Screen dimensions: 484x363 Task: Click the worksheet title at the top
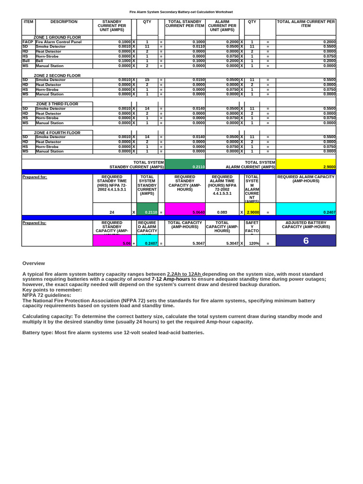(x=181, y=12)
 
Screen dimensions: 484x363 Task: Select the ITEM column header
(x=28, y=22)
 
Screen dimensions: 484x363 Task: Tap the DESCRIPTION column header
(x=64, y=22)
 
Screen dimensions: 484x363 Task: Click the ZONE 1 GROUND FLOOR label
(x=57, y=37)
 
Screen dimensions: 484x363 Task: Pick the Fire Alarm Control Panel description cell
(x=59, y=42)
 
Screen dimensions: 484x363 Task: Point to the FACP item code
(x=27, y=42)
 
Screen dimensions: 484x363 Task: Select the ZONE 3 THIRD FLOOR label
(x=57, y=104)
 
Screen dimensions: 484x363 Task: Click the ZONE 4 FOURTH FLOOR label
(x=57, y=133)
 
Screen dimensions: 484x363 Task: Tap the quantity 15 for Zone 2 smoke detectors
(x=147, y=80)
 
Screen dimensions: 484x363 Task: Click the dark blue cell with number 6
(x=306, y=241)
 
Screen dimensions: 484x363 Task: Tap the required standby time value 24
(x=112, y=212)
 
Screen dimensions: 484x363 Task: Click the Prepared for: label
(x=35, y=177)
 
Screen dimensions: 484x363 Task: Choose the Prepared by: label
(x=34, y=223)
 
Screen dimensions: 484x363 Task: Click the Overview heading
(x=34, y=263)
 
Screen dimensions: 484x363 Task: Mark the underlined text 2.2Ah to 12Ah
(x=184, y=274)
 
